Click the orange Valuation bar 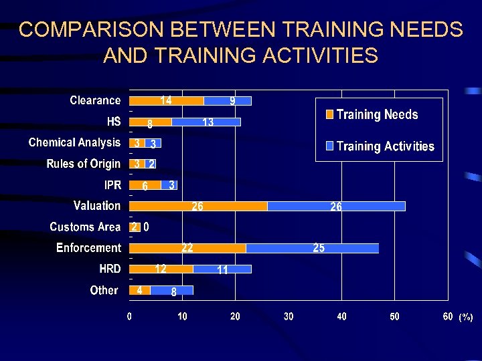pyautogui.click(x=198, y=206)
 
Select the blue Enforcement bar pyautogui.click(x=312, y=248)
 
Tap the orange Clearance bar pyautogui.click(x=166, y=100)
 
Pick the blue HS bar pyautogui.click(x=206, y=122)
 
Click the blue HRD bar pyautogui.click(x=222, y=269)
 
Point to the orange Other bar pyautogui.click(x=139, y=290)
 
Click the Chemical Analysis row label pyautogui.click(x=74, y=142)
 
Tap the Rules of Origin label pyautogui.click(x=83, y=164)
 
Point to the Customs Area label pyautogui.click(x=85, y=227)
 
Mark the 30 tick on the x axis pyautogui.click(x=289, y=316)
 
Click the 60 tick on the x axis pyautogui.click(x=448, y=316)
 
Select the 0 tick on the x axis pyautogui.click(x=129, y=316)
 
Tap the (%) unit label pyautogui.click(x=465, y=318)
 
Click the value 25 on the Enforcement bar pyautogui.click(x=319, y=248)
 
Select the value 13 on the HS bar pyautogui.click(x=208, y=122)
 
